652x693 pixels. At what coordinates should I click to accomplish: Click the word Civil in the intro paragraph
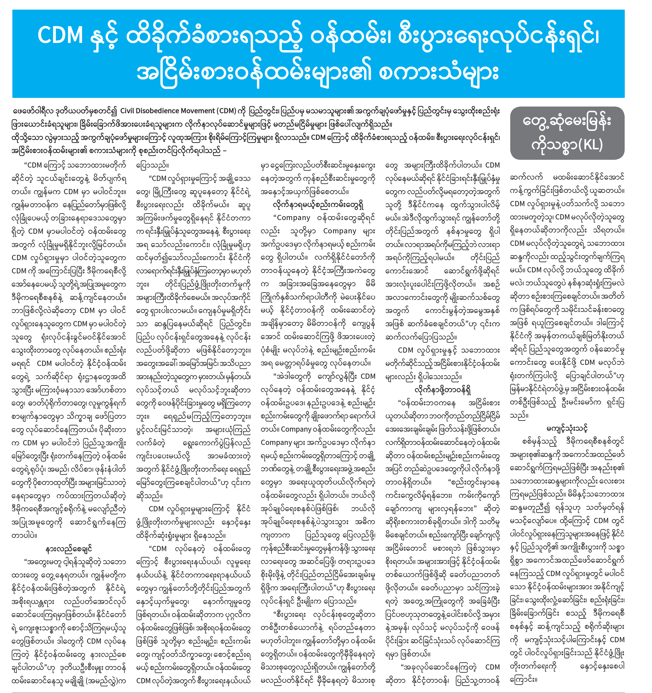click(130, 111)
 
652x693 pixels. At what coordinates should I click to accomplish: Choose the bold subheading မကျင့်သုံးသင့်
click(567, 428)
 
